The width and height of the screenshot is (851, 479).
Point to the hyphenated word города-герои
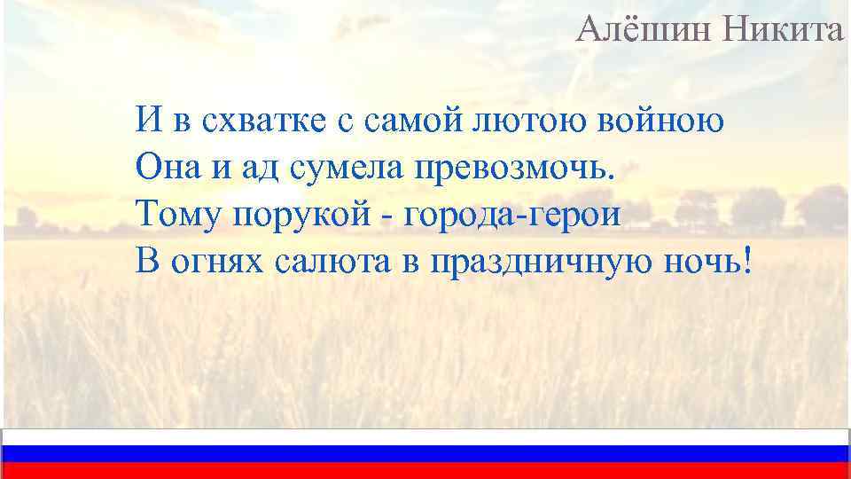pos(513,213)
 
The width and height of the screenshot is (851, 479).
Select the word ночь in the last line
pos(704,261)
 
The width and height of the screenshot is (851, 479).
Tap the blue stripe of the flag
pos(425,454)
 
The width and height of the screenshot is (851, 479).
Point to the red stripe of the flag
pos(425,471)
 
